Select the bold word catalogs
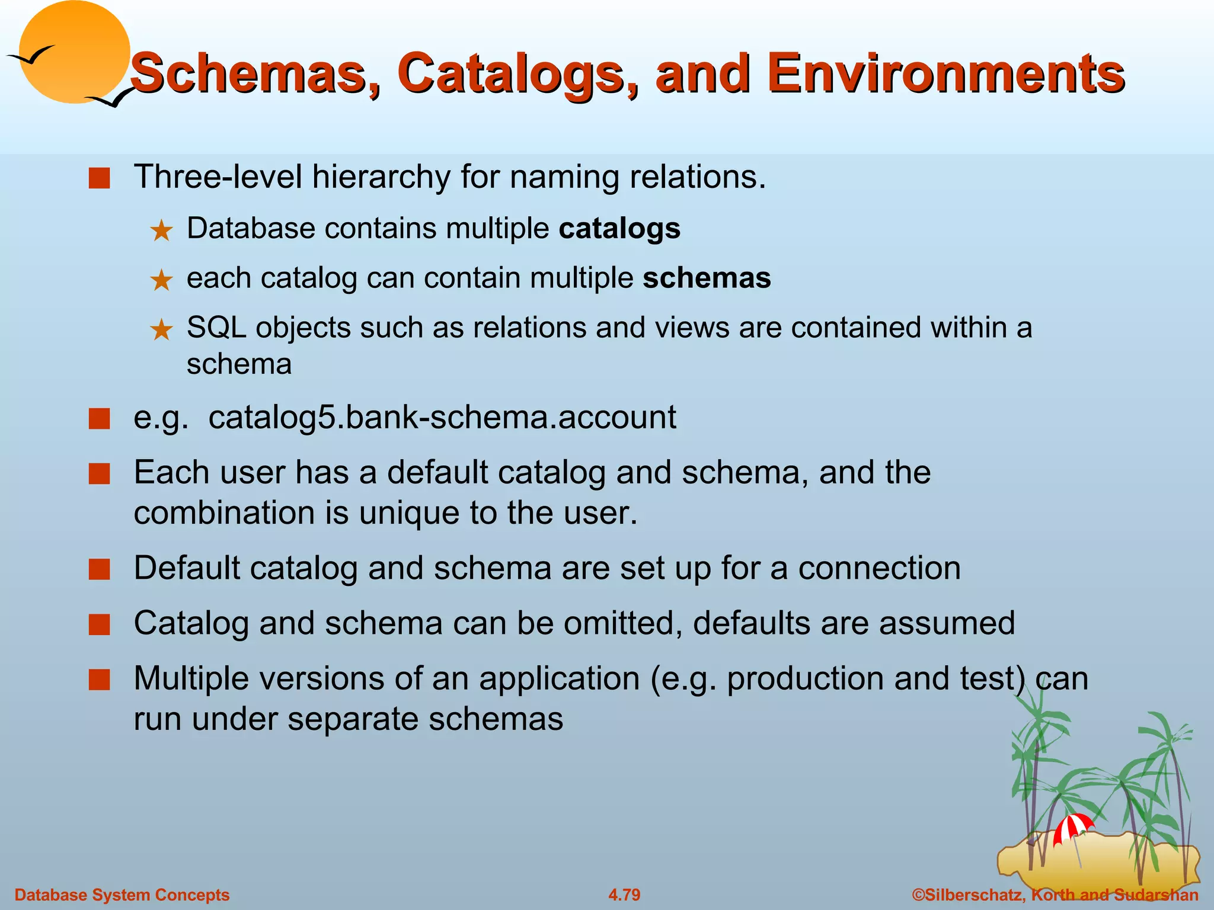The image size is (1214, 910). tap(619, 229)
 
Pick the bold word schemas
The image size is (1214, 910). tap(707, 278)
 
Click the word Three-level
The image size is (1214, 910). tap(218, 177)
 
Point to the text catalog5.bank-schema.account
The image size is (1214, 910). tap(442, 417)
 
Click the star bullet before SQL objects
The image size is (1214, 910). tap(161, 330)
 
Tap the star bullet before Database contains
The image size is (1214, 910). tap(161, 231)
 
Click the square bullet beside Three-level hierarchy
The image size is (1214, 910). tap(100, 178)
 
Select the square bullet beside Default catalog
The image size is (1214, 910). tap(100, 569)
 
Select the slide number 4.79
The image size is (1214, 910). tap(624, 895)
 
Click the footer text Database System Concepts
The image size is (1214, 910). tap(122, 895)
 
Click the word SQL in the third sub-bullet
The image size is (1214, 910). tap(216, 328)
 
